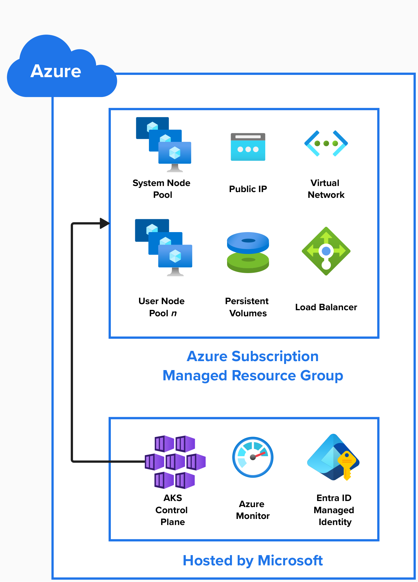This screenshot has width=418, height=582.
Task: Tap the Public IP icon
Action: [x=248, y=147]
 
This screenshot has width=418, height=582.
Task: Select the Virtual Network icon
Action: [x=326, y=143]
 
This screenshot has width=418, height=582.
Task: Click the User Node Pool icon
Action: [x=164, y=247]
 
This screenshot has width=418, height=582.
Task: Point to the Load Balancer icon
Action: [x=326, y=251]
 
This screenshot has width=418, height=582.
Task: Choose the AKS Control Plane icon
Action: [x=175, y=462]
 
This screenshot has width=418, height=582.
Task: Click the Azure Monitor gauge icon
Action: [x=253, y=457]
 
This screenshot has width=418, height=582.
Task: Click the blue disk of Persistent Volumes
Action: [x=248, y=242]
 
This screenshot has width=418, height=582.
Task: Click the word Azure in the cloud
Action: [x=56, y=71]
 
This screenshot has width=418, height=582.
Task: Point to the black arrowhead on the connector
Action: [x=104, y=223]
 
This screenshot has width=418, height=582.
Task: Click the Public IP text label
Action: [x=248, y=189]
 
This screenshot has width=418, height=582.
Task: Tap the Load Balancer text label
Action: [x=326, y=307]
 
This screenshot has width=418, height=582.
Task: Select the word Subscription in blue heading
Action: [x=275, y=356]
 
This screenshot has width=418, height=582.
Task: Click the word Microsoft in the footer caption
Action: [x=290, y=561]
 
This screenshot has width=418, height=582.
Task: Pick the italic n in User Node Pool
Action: [x=174, y=313]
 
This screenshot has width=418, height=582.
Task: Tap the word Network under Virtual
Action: [x=326, y=195]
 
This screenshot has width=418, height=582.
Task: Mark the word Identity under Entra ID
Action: [x=335, y=522]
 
